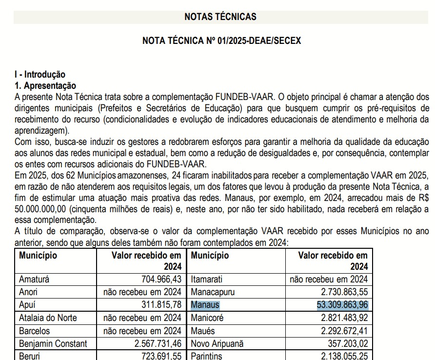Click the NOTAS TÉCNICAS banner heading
(x=220, y=17)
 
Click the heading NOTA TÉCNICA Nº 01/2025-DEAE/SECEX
(x=221, y=40)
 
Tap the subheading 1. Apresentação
(x=45, y=85)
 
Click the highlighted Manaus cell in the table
(x=205, y=305)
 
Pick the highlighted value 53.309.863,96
(x=339, y=305)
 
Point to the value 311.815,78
(x=159, y=305)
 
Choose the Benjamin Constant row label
(x=53, y=343)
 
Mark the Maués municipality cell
(x=204, y=331)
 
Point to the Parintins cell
(x=207, y=356)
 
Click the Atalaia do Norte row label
(x=48, y=318)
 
